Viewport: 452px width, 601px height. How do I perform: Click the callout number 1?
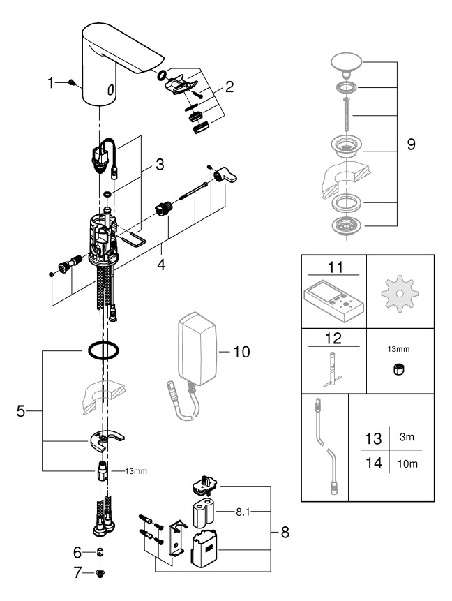click(x=50, y=82)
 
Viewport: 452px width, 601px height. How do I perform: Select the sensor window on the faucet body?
click(x=110, y=90)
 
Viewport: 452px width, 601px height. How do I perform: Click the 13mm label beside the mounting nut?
click(x=136, y=471)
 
